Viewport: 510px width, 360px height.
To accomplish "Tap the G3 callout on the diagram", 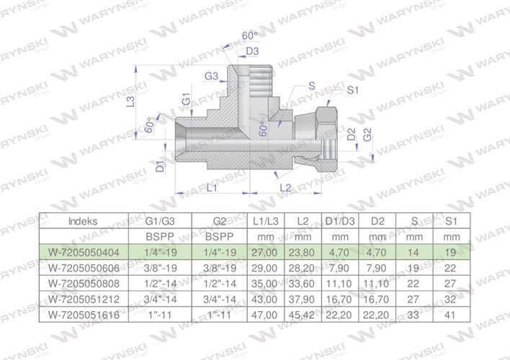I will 211,76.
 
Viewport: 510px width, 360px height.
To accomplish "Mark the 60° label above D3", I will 250,35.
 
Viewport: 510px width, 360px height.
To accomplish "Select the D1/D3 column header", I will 344,222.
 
